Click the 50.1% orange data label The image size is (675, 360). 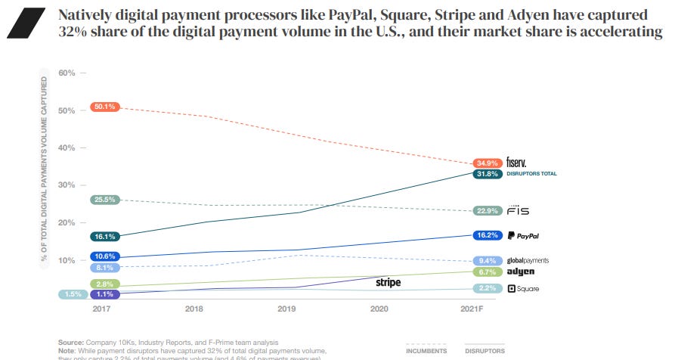pyautogui.click(x=104, y=107)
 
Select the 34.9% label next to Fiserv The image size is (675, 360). pyautogui.click(x=488, y=163)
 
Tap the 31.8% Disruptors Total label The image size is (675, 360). pyautogui.click(x=488, y=174)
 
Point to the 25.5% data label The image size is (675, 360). pyautogui.click(x=104, y=200)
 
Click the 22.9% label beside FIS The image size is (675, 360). pyautogui.click(x=488, y=210)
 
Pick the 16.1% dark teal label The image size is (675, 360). pyautogui.click(x=104, y=237)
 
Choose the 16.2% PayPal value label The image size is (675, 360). pyautogui.click(x=488, y=235)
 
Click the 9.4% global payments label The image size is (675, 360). pyautogui.click(x=488, y=260)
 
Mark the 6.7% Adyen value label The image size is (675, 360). pyautogui.click(x=488, y=272)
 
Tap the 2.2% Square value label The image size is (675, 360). pyautogui.click(x=488, y=289)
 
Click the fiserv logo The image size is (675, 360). pyautogui.click(x=517, y=163)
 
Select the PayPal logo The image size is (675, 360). pyautogui.click(x=522, y=235)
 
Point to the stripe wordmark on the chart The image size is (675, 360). pyautogui.click(x=388, y=282)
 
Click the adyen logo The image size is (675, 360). pyautogui.click(x=520, y=272)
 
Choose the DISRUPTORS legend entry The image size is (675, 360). pyautogui.click(x=485, y=351)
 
